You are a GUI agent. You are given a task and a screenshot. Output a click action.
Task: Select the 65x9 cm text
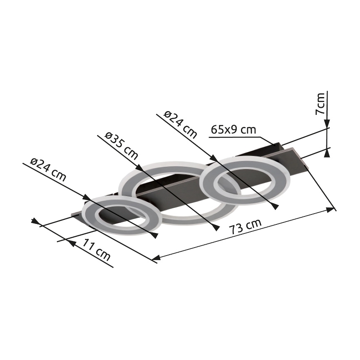point(233,130)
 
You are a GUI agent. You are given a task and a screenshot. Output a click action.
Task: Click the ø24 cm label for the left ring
point(48,170)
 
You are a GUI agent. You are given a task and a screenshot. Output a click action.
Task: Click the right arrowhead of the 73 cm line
point(330,210)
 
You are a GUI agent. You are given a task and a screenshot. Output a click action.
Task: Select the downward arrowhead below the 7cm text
point(327,123)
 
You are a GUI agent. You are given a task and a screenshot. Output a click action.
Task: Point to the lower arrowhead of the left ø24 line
point(154,235)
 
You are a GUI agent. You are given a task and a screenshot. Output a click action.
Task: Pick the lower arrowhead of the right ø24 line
point(274,206)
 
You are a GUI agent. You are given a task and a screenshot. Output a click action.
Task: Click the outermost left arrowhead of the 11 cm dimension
point(35,220)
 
